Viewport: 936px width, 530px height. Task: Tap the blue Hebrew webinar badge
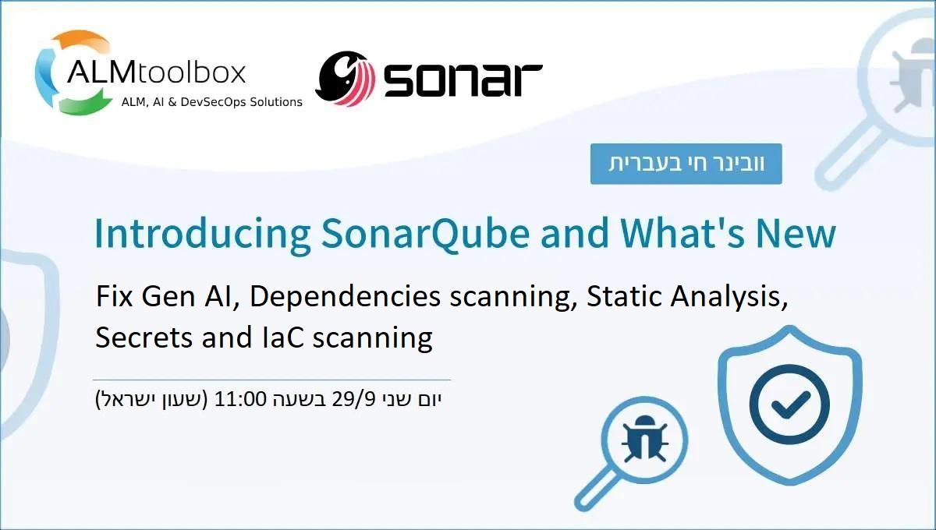pyautogui.click(x=686, y=164)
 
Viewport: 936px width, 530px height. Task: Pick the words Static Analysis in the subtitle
pyautogui.click(x=687, y=297)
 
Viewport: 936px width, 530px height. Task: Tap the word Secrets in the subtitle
pyautogui.click(x=140, y=337)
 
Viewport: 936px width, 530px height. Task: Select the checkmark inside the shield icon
pyautogui.click(x=789, y=403)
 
